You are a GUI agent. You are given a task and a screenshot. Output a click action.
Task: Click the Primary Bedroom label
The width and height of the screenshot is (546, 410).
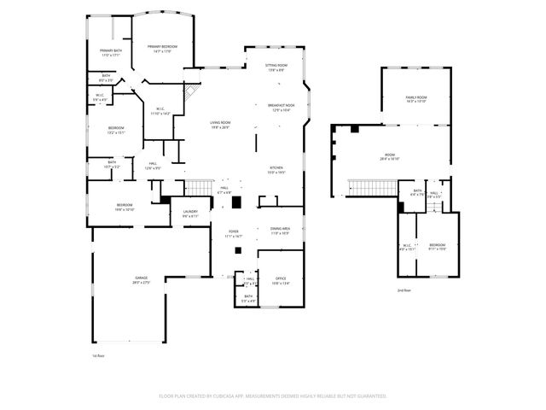tap(163, 49)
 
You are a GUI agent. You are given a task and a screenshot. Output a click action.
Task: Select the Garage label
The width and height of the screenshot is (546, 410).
tap(142, 281)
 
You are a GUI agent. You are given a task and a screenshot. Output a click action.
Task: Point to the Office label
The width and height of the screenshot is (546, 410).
tap(281, 281)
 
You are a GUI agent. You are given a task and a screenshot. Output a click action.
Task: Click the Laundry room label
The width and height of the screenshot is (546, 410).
tap(190, 214)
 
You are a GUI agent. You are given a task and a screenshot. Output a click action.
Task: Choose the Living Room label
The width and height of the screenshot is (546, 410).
tap(220, 125)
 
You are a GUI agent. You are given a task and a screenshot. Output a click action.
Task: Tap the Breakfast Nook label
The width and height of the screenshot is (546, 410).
tap(282, 108)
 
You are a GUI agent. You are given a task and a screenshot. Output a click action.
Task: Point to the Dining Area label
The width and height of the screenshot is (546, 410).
tap(281, 230)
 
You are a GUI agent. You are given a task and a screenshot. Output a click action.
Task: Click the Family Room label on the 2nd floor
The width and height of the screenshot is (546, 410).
tap(415, 100)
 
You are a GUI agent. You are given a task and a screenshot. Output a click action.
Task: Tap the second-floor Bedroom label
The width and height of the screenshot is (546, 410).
tap(436, 247)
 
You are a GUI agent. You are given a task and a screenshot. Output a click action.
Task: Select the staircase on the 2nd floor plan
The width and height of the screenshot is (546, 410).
tap(369, 187)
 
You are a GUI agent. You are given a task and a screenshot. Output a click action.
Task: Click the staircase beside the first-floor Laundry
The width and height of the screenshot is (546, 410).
tap(199, 187)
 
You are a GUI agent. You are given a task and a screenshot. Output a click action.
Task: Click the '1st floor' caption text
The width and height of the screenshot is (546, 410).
tap(98, 356)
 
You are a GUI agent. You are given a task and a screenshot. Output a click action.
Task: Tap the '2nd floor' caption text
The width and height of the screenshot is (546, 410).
tap(404, 290)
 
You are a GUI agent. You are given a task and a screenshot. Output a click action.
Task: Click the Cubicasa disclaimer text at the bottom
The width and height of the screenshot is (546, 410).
tap(273, 396)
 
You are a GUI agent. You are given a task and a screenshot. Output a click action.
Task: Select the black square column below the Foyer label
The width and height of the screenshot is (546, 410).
tap(239, 249)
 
